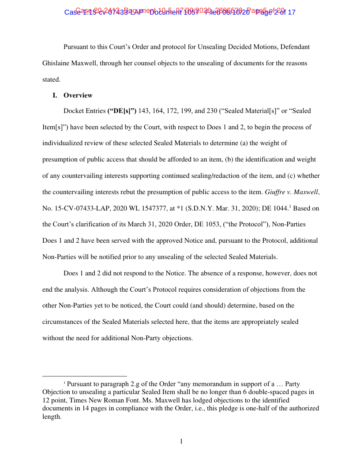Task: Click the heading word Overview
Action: click(x=78, y=95)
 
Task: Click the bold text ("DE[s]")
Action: click(x=122, y=111)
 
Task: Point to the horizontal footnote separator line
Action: click(x=84, y=376)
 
